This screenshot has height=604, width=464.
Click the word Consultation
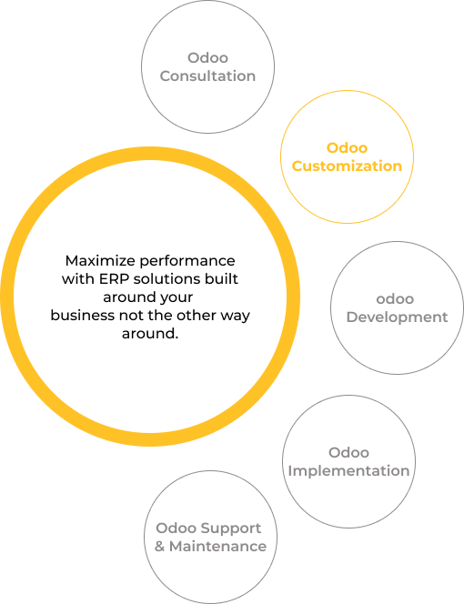coord(207,75)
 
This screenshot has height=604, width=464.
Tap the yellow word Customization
coord(347,166)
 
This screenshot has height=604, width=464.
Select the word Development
coord(397,317)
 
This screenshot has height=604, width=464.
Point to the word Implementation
coord(348,470)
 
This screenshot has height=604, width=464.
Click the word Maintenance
coord(217,546)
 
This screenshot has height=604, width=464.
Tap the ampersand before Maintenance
coord(159,546)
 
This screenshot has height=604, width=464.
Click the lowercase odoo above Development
coord(395,299)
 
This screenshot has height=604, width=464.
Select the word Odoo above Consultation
coord(207,58)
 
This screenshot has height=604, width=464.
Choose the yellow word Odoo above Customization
coord(347,148)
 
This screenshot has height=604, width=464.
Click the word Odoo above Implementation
coord(348,453)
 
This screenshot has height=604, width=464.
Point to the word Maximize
coord(100,261)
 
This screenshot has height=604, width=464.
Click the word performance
coord(187,262)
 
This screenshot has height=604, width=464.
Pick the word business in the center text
coord(83,316)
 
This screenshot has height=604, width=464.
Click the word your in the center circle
coord(177,298)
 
